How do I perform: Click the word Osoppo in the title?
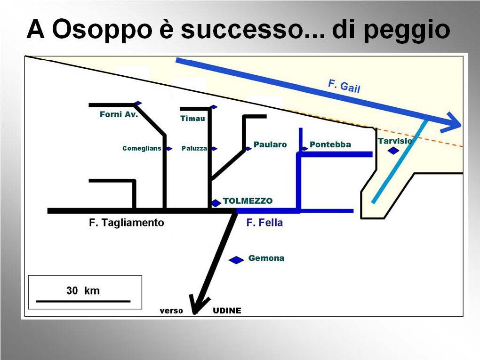(102, 30)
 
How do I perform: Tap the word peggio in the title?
(407, 31)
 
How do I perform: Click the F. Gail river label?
(344, 86)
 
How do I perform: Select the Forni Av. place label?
(119, 114)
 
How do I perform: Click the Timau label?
(192, 119)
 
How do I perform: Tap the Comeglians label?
(142, 148)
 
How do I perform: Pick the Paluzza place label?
(194, 148)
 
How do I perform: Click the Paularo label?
(270, 144)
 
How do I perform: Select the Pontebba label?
(330, 144)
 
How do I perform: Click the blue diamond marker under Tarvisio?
(393, 151)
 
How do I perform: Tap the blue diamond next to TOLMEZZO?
(216, 203)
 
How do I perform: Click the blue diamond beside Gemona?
(236, 260)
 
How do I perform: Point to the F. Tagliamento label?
(127, 223)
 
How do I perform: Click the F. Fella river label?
(264, 223)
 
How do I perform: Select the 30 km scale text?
(83, 290)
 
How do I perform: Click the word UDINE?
(227, 311)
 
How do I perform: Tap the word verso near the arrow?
(171, 311)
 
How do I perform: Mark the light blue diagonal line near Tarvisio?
(400, 161)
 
